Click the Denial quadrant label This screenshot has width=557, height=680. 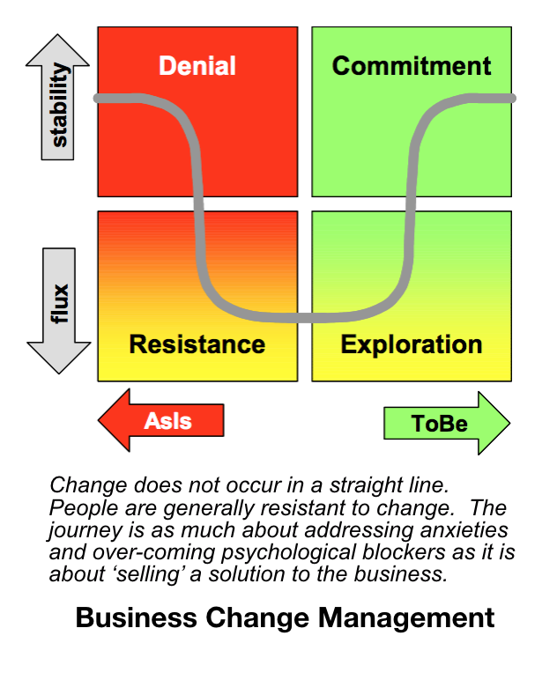click(197, 66)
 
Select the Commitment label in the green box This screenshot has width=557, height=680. click(412, 66)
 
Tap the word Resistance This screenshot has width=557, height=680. click(197, 344)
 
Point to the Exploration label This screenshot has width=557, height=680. click(412, 344)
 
